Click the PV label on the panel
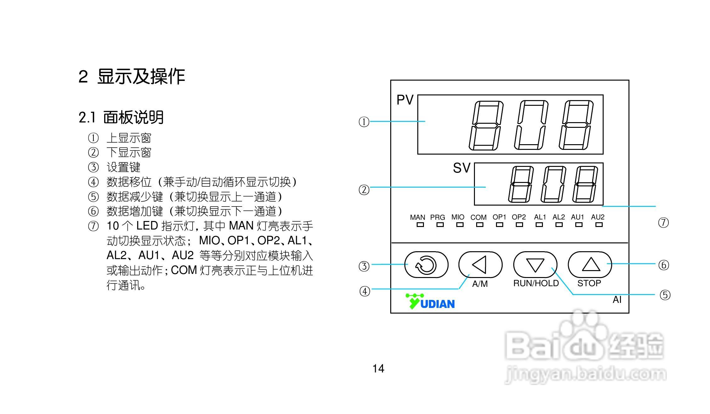point(405,100)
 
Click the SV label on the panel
point(461,168)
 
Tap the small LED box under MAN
point(420,225)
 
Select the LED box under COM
point(480,225)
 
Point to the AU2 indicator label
point(598,217)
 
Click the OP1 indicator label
point(499,217)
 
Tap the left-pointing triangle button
point(480,264)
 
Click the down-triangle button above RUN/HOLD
point(535,264)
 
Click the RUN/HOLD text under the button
point(536,283)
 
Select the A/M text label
point(480,284)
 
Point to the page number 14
point(378,369)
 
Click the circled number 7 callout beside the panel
point(663,223)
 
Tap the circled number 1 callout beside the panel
point(364,122)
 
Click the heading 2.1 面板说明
point(121,117)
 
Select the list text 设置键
point(123,167)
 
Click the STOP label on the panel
point(589,283)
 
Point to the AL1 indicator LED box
point(539,225)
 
